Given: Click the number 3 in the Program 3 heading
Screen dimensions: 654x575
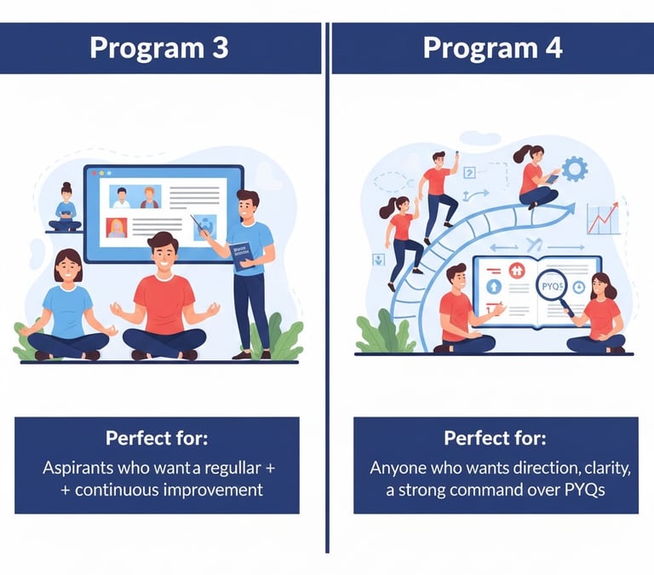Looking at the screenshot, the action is pyautogui.click(x=220, y=48).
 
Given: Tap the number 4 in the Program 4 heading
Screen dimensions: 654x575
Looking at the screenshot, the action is pyautogui.click(x=554, y=48).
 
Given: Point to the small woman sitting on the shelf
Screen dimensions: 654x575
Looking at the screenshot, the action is pyautogui.click(x=66, y=208).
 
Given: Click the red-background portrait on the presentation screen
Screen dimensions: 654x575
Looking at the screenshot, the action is pyautogui.click(x=117, y=227).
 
